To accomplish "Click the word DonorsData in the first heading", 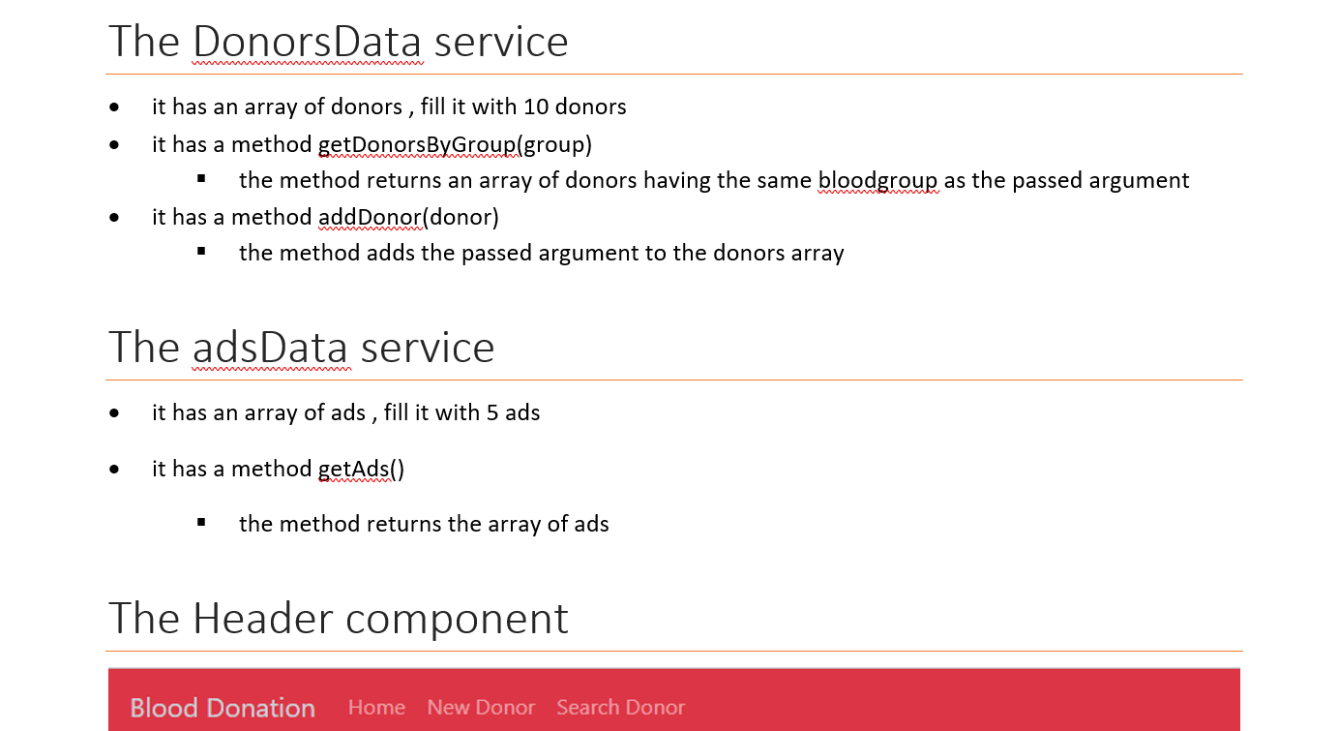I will click(x=307, y=42).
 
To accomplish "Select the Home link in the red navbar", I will click(x=376, y=708).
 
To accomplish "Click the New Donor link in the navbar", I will click(x=481, y=708).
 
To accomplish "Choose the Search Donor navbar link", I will click(x=620, y=708).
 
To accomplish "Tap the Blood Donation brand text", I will click(x=223, y=708).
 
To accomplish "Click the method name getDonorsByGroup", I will click(x=417, y=144).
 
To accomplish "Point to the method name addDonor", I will click(x=371, y=217).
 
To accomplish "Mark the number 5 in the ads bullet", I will click(x=492, y=412).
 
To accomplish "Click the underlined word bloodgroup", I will click(x=877, y=180).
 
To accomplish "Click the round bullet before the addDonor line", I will click(x=115, y=217).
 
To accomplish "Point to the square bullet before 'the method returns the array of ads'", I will click(x=201, y=523).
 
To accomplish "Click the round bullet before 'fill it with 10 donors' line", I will click(x=115, y=107).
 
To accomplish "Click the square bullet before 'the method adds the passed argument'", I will click(x=201, y=252).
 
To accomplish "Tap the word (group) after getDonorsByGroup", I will click(x=554, y=144).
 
